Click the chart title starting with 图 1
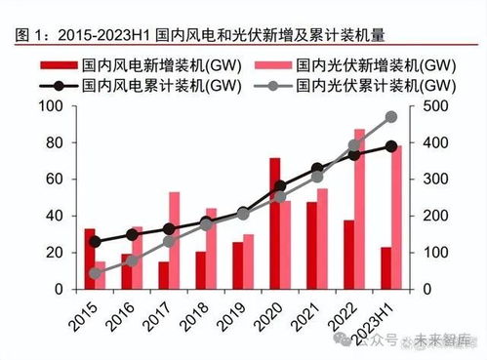click(x=200, y=36)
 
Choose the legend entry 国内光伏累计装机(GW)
click(x=355, y=86)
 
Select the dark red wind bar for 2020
click(x=274, y=223)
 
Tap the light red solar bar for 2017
click(x=174, y=240)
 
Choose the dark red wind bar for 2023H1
click(x=386, y=268)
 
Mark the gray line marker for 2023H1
click(x=391, y=117)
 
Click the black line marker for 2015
click(x=95, y=242)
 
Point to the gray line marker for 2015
click(x=95, y=273)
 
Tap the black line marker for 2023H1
click(x=391, y=146)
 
